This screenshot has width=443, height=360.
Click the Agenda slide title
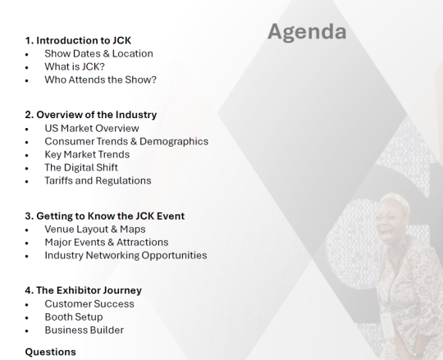[307, 32]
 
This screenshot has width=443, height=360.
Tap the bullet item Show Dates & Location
[98, 53]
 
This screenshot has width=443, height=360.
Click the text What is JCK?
[75, 66]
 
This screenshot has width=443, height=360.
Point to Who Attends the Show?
[100, 80]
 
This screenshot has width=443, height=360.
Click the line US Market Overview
[92, 128]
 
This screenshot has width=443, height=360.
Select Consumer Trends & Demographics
[126, 142]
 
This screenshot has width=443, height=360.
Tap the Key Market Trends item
[87, 154]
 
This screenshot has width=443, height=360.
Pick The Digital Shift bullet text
[81, 167]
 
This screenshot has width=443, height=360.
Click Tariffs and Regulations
[98, 180]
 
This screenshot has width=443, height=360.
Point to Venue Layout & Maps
[95, 230]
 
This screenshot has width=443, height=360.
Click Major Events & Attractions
[106, 242]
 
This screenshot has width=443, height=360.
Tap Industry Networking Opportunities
[126, 255]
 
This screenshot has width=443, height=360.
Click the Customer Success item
[89, 303]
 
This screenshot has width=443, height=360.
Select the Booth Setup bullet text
[74, 317]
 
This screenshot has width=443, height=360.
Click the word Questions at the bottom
[50, 352]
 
